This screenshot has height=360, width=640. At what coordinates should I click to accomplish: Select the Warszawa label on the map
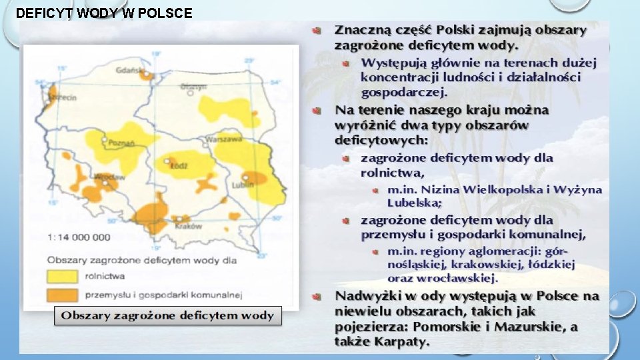point(224,140)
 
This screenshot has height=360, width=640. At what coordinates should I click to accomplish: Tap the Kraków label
point(190,225)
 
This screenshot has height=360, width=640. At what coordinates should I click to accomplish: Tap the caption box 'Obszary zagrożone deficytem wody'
point(168,315)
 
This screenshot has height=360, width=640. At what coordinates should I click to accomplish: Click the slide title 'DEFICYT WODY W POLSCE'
point(103,13)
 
